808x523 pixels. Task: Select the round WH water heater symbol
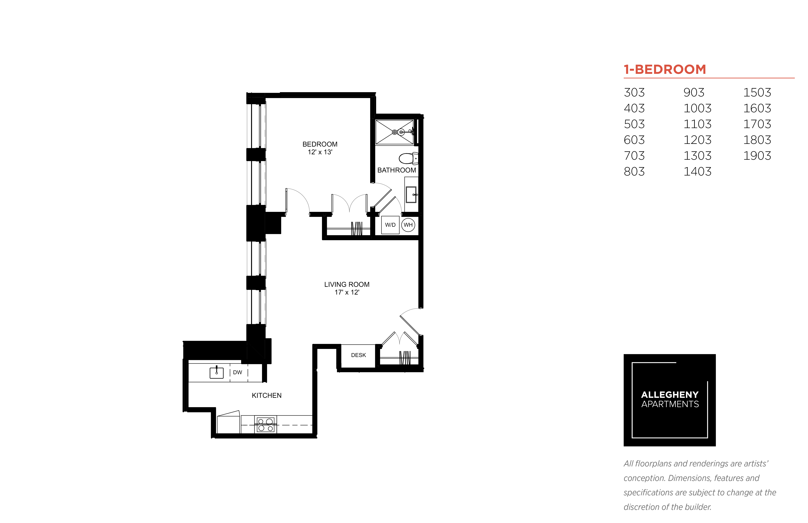408,225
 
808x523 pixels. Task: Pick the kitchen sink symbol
216,372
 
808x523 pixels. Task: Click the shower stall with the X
394,132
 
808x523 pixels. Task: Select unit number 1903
757,156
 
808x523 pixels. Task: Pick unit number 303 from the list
634,92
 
